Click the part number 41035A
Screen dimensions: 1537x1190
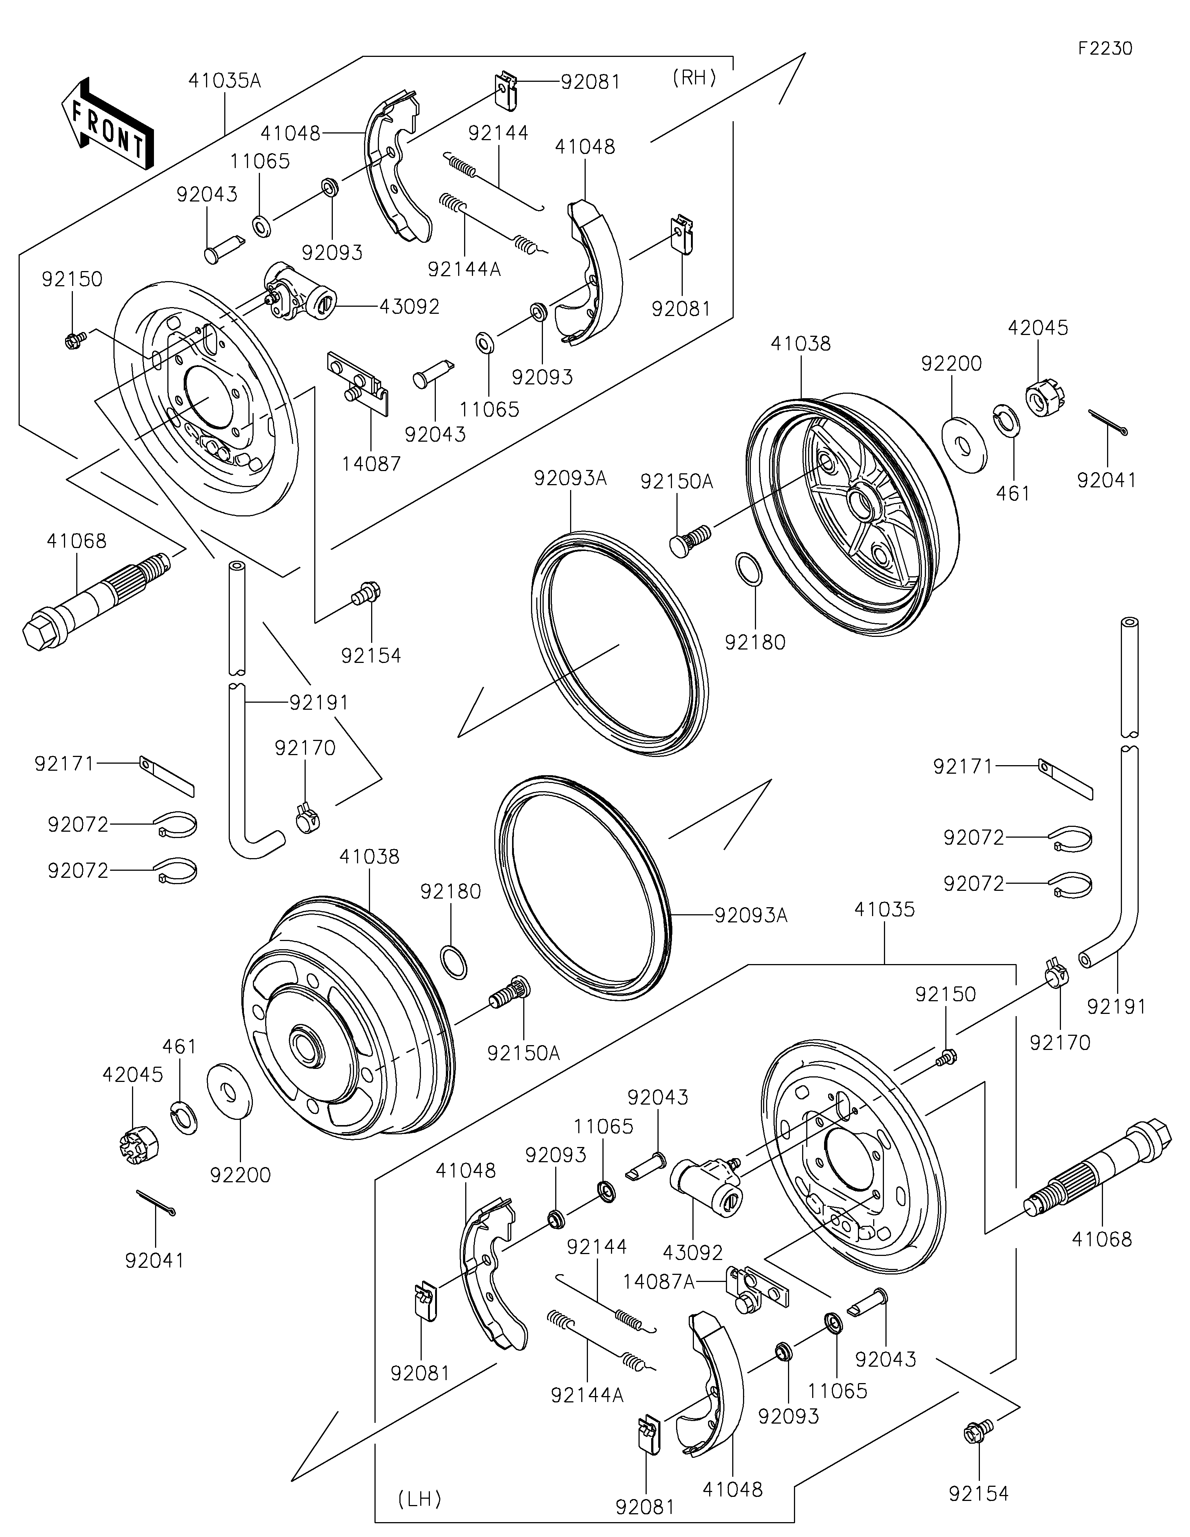coord(225,81)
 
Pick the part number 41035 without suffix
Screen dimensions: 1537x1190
coord(885,910)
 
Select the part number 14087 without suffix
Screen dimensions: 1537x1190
coord(372,464)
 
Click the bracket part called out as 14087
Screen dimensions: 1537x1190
coord(359,384)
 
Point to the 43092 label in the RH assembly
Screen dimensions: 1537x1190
coord(409,307)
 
